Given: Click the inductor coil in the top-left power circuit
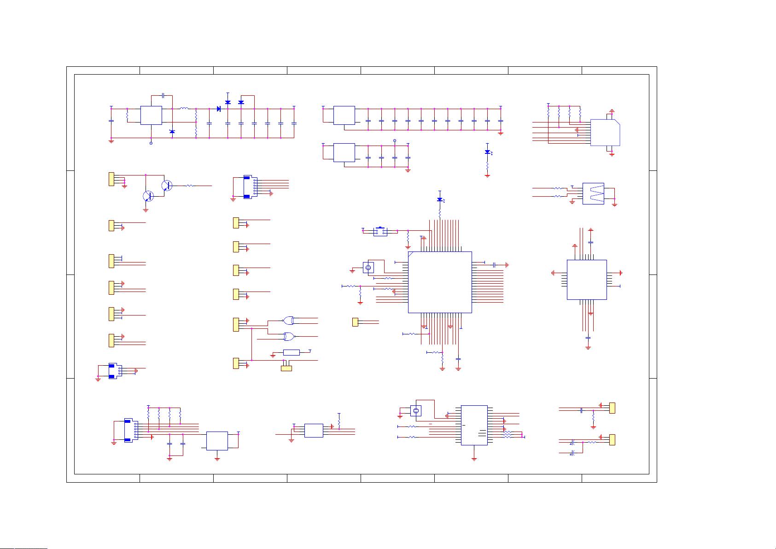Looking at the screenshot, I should point(184,109).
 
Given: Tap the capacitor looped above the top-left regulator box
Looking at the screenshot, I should point(163,96).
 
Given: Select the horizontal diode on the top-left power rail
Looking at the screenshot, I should point(219,109).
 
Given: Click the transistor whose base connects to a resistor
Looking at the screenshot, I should point(166,186).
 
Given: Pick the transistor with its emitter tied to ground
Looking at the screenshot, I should point(147,196).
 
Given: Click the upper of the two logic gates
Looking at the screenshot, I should point(289,320).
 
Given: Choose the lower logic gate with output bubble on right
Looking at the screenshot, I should point(289,337).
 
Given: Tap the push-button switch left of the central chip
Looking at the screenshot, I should point(380,231).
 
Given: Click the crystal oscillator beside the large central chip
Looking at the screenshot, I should point(368,268).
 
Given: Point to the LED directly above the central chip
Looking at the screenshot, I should point(440,200).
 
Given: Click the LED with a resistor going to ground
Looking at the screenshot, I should point(487,152).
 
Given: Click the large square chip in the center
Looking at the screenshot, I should point(440,282).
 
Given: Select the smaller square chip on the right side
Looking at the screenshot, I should point(586,280).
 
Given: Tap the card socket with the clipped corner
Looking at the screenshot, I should point(605,133).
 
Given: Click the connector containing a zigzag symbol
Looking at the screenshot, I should point(593,193).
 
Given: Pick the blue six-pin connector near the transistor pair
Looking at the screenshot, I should point(248,187).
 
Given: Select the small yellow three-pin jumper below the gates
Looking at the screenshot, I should point(286,368).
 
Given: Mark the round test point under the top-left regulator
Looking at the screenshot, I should point(151,143).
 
